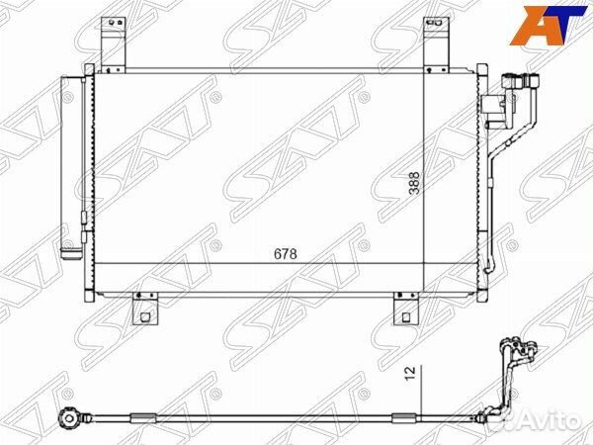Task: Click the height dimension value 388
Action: pos(415,185)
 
